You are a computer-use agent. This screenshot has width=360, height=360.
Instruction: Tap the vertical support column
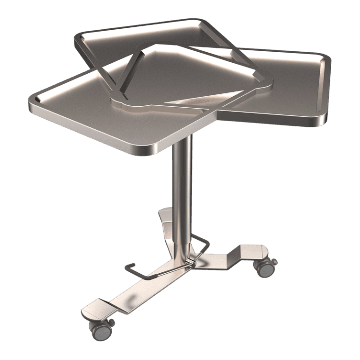pyautogui.click(x=182, y=190)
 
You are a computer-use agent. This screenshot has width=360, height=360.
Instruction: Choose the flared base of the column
pyautogui.click(x=180, y=255)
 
